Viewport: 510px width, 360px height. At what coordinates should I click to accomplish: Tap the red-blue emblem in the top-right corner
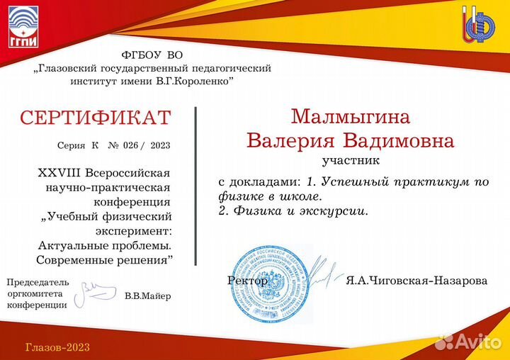tap(479, 27)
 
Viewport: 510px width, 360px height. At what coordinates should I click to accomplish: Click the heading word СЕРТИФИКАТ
tap(95, 118)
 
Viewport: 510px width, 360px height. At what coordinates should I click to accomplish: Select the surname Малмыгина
tap(351, 116)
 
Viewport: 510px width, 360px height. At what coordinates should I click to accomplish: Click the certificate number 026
tap(130, 146)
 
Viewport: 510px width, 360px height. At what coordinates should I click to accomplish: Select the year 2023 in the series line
tap(161, 146)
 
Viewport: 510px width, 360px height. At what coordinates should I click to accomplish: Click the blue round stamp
tap(272, 283)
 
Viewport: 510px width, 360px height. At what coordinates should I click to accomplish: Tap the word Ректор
tap(248, 281)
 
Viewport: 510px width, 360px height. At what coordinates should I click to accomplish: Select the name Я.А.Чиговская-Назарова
tap(416, 281)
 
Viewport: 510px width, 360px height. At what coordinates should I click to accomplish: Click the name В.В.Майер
tap(147, 296)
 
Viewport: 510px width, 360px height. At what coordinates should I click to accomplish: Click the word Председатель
tap(38, 281)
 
